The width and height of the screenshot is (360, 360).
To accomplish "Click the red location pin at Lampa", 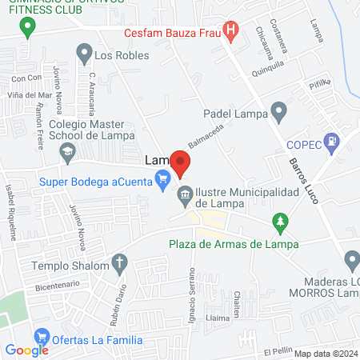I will pyautogui.click(x=182, y=165).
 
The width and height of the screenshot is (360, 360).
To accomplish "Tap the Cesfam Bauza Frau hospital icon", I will pyautogui.click(x=231, y=33).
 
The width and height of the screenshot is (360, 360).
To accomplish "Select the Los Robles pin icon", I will pyautogui.click(x=83, y=54).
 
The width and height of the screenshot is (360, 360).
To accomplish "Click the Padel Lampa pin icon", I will pyautogui.click(x=278, y=113).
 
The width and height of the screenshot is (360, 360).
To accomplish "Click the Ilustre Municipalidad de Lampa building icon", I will pyautogui.click(x=185, y=194).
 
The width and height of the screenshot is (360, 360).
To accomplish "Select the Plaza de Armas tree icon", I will pyautogui.click(x=280, y=220).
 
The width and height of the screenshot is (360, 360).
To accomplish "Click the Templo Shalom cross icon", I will pyautogui.click(x=119, y=263).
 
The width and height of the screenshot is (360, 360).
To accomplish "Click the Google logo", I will pyautogui.click(x=26, y=350).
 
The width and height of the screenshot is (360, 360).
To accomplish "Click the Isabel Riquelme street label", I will pyautogui.click(x=11, y=212).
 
